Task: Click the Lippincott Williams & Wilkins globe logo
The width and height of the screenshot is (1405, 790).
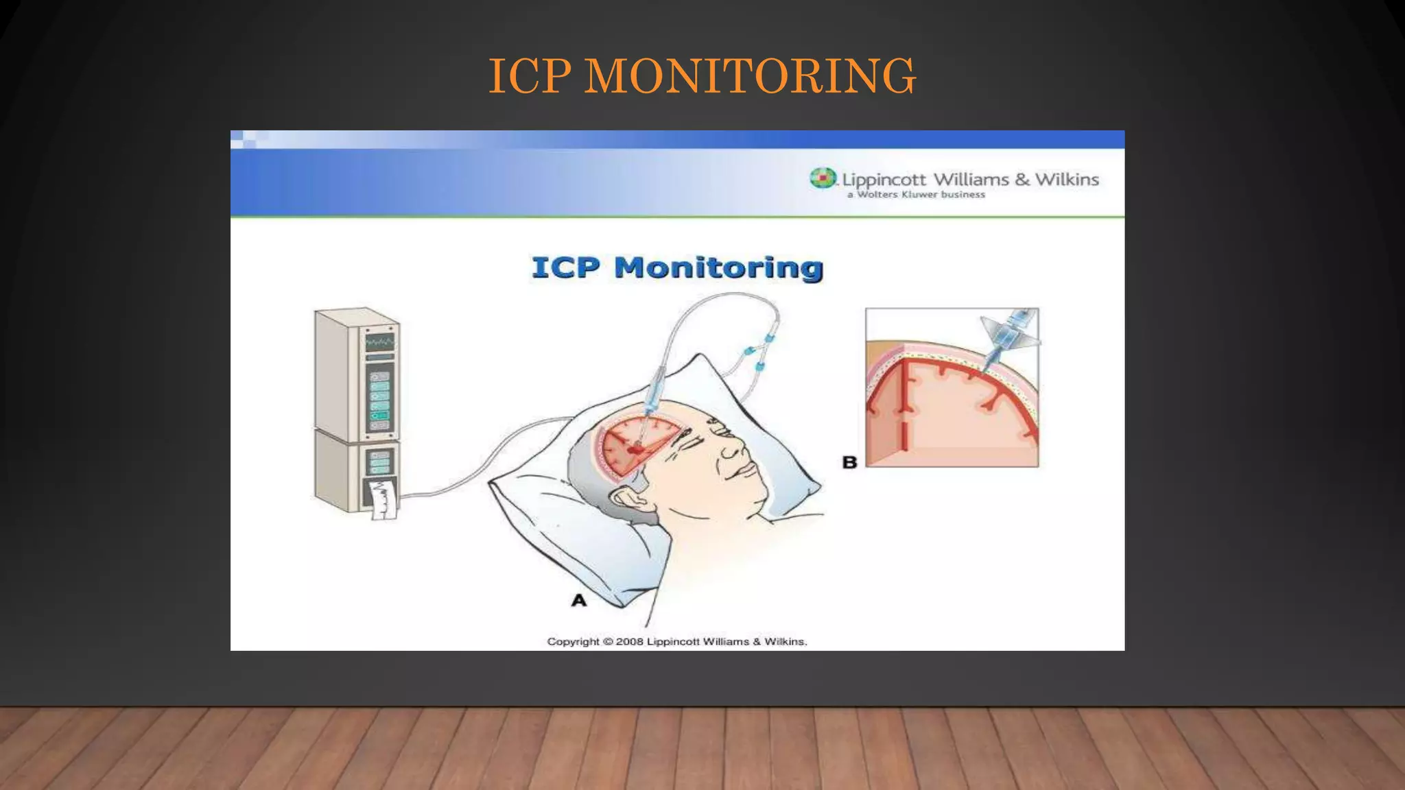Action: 823,178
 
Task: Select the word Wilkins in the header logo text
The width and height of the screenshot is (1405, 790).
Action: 1067,180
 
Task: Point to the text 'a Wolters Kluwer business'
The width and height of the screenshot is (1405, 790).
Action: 916,195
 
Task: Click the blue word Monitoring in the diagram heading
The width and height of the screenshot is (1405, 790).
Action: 718,267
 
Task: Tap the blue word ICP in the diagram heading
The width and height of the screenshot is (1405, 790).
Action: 565,267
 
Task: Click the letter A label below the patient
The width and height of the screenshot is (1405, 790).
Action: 579,601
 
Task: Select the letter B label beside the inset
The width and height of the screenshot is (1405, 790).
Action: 849,462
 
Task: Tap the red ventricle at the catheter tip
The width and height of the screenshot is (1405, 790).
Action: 637,450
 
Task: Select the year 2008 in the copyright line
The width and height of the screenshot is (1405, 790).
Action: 629,642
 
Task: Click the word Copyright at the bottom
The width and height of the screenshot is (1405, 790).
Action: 573,642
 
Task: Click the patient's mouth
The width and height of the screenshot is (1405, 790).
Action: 744,473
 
